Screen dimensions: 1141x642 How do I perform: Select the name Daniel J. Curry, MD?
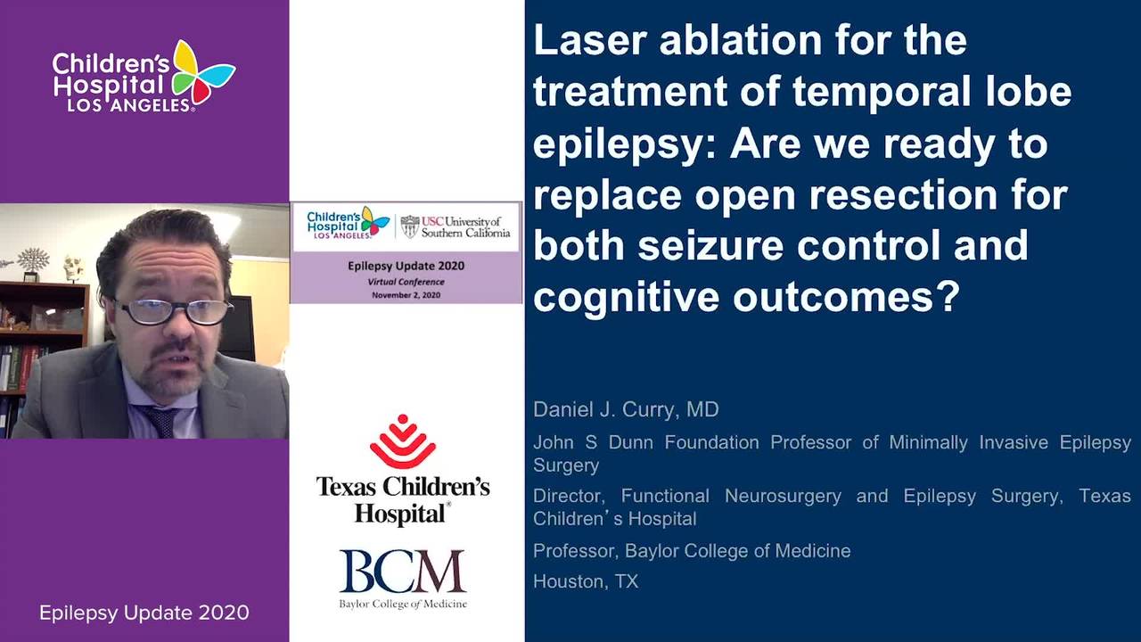tap(626, 409)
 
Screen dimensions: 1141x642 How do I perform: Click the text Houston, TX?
tap(586, 581)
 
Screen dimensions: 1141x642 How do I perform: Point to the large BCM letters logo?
tap(402, 571)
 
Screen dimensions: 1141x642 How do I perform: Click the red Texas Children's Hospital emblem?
tap(402, 441)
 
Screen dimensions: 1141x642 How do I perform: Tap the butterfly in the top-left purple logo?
tap(202, 71)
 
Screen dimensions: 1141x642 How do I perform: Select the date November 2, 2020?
tap(406, 295)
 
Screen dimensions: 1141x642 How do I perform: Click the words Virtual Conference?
tap(406, 282)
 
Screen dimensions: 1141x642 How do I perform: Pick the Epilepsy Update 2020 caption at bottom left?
tap(144, 613)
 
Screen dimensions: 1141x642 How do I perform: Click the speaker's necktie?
tap(161, 422)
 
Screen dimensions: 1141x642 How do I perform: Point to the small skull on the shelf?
tap(73, 268)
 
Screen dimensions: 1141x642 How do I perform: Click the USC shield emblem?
tap(410, 226)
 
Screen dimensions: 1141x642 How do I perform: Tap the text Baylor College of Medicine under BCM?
tap(403, 605)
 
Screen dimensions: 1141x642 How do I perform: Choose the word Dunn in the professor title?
tap(630, 442)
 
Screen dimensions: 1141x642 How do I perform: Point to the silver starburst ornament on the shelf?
tap(33, 259)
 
